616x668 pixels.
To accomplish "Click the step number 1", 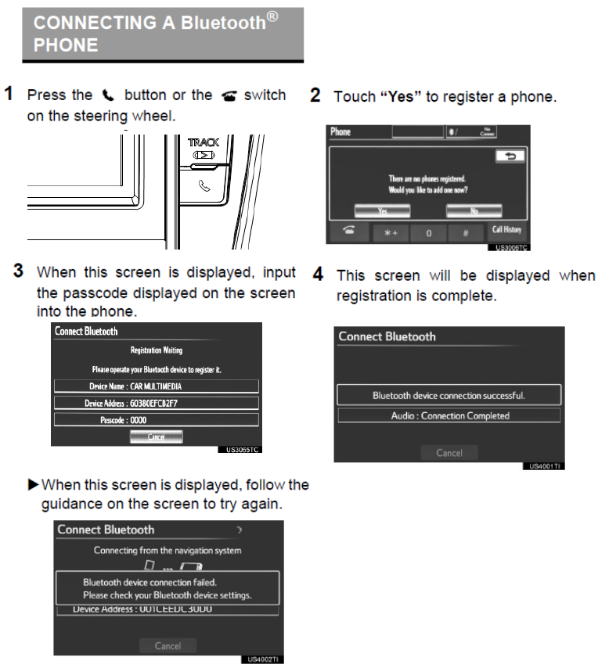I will click(x=9, y=95).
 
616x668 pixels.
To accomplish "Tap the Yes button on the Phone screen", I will click(x=383, y=210).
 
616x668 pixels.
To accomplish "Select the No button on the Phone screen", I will click(x=474, y=210).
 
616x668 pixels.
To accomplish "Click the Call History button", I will click(x=506, y=231).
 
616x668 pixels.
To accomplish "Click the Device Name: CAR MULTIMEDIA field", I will click(x=156, y=386).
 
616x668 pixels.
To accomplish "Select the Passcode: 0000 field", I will click(x=156, y=420).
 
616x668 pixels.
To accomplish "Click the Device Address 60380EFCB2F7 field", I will click(x=156, y=403).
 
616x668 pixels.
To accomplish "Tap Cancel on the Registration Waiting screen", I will click(x=156, y=437).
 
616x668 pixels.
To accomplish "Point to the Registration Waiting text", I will click(x=156, y=351).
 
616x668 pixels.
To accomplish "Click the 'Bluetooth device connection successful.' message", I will click(x=448, y=395).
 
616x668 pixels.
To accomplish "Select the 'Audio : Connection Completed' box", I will click(x=448, y=415).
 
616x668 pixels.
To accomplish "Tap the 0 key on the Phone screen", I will click(x=429, y=232).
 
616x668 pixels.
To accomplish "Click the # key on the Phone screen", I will click(x=467, y=232).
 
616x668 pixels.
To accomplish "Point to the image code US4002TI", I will click(x=264, y=659).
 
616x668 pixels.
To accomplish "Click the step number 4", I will click(x=318, y=275).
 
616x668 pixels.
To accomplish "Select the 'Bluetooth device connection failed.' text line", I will click(x=150, y=582).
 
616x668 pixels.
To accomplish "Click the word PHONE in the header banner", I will click(x=66, y=45).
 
